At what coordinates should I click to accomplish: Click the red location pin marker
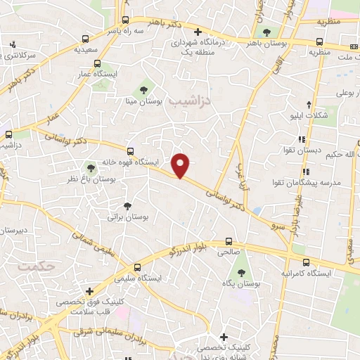(181, 165)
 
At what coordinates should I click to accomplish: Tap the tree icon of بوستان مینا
(143, 90)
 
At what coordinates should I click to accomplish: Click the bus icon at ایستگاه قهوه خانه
(130, 151)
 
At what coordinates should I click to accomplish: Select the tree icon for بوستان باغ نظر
(90, 167)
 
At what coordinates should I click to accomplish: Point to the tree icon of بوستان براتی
(127, 206)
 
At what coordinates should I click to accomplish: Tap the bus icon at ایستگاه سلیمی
(138, 267)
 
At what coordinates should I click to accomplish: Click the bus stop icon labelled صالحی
(228, 240)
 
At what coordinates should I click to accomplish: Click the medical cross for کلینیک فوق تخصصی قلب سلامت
(89, 291)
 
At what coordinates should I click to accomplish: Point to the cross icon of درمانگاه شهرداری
(198, 32)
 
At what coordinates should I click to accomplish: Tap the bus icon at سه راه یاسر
(125, 20)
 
